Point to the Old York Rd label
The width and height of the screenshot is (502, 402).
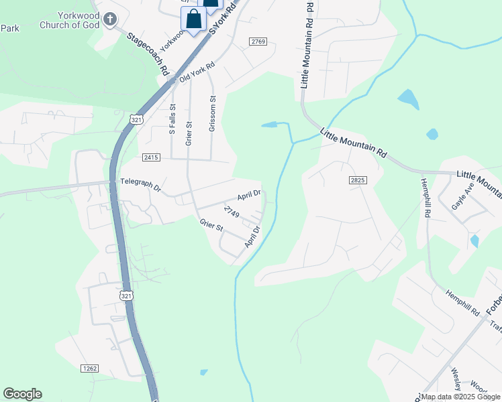pyautogui.click(x=197, y=73)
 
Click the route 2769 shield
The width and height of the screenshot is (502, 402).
pyautogui.click(x=258, y=42)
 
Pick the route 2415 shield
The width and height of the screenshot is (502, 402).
pyautogui.click(x=151, y=157)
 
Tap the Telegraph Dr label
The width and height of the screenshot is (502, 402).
pyautogui.click(x=141, y=181)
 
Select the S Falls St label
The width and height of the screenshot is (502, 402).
pyautogui.click(x=172, y=119)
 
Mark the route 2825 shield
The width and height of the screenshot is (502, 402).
pyautogui.click(x=358, y=180)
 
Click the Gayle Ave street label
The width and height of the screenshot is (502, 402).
pyautogui.click(x=464, y=195)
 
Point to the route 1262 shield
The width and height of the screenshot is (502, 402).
pyautogui.click(x=89, y=368)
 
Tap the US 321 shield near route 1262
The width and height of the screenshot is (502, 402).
pyautogui.click(x=125, y=295)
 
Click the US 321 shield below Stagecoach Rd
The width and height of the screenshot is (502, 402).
pyautogui.click(x=136, y=119)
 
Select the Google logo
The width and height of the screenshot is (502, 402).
pyautogui.click(x=22, y=394)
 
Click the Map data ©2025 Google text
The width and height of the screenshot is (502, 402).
pyautogui.click(x=460, y=397)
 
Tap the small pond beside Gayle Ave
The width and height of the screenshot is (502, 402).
pyautogui.click(x=475, y=241)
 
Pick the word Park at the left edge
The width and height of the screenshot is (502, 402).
pyautogui.click(x=9, y=28)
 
